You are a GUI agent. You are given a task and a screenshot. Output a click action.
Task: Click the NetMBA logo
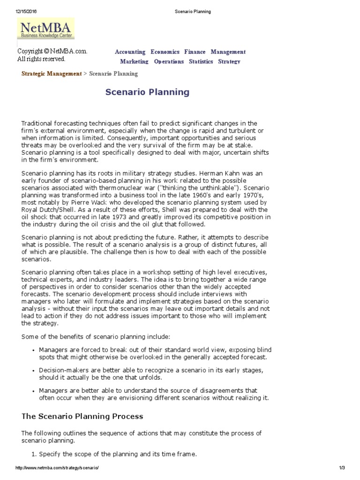[x=45, y=29]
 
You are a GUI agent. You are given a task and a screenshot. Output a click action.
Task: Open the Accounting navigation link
[x=130, y=52]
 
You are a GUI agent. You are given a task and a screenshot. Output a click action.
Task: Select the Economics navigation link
[x=165, y=52]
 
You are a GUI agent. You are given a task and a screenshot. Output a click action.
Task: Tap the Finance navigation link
[x=195, y=52]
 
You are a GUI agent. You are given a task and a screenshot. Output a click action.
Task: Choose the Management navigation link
[x=228, y=52]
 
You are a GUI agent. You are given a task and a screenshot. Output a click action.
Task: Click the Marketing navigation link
[x=134, y=61]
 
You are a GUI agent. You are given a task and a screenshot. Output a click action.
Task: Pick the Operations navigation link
[x=169, y=61]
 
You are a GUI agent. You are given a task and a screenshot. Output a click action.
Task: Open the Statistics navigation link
[x=201, y=61]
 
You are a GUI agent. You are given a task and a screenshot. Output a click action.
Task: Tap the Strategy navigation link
[x=229, y=61]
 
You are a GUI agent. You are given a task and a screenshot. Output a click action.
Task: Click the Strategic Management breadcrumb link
[x=51, y=74]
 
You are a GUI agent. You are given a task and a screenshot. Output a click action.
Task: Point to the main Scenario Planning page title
[x=147, y=92]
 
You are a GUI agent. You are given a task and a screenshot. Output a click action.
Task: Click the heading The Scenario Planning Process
[x=82, y=416]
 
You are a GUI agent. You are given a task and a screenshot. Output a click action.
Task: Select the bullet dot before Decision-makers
[x=33, y=370]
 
